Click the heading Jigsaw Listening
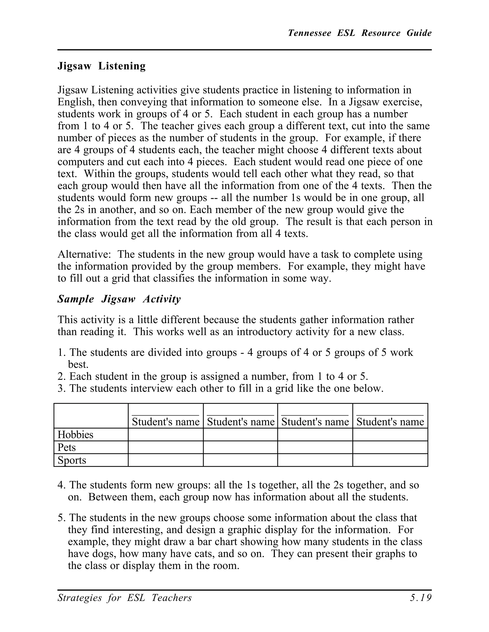point(101,66)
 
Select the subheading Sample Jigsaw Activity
point(119,299)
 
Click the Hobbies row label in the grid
point(75,435)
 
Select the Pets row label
point(67,447)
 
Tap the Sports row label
point(72,460)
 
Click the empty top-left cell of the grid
point(91,415)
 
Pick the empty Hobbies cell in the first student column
point(165,435)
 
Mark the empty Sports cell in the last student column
point(390,460)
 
